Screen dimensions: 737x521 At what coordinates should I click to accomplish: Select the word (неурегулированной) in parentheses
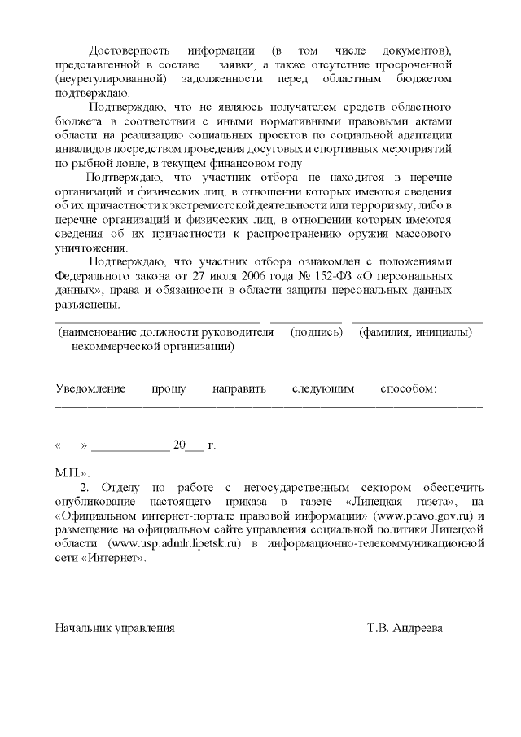tap(112, 78)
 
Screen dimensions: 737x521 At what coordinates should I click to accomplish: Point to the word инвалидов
tap(81, 149)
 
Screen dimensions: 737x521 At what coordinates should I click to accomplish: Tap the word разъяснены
tap(88, 305)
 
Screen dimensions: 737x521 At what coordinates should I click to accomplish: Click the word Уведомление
tap(90, 388)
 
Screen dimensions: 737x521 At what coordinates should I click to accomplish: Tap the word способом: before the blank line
tap(409, 388)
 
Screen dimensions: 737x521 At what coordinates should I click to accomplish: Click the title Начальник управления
tap(115, 628)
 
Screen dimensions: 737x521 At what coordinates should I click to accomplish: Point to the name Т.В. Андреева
tap(405, 628)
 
